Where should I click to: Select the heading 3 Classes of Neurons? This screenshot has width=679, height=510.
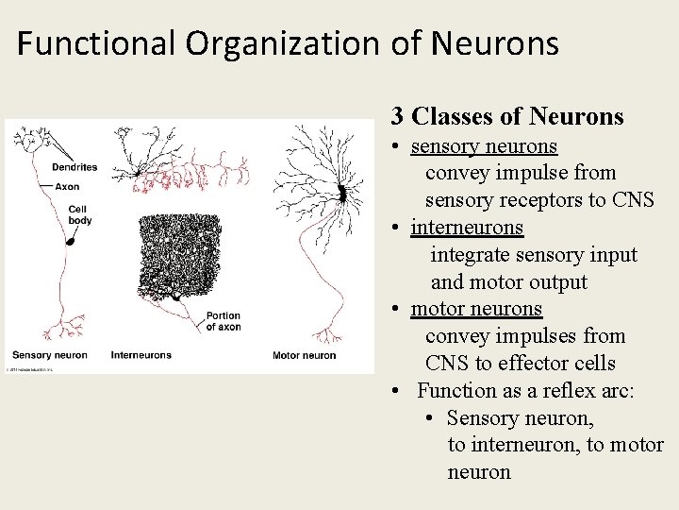coord(507,116)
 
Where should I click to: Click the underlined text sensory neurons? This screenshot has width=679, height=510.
coord(484,146)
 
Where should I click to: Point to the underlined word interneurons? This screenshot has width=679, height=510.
coord(467,228)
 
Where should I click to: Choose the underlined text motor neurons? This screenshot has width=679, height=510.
coord(476,309)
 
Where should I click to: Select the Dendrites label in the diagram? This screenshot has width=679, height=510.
coord(75,167)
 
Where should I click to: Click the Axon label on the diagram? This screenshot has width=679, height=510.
coord(67,187)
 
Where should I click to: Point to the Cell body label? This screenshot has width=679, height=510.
coord(79,214)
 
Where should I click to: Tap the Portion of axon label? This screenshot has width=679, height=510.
coord(224,321)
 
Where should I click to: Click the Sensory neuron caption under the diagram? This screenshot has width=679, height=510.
coord(49,355)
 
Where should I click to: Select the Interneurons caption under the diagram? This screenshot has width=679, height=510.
coord(141,355)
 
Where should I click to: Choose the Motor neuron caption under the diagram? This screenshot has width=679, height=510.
coord(304,355)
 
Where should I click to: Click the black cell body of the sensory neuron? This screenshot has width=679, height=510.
coord(69,242)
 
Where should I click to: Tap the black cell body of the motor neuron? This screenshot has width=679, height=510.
coord(343,194)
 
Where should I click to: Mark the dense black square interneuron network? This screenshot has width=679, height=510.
coord(179,254)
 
